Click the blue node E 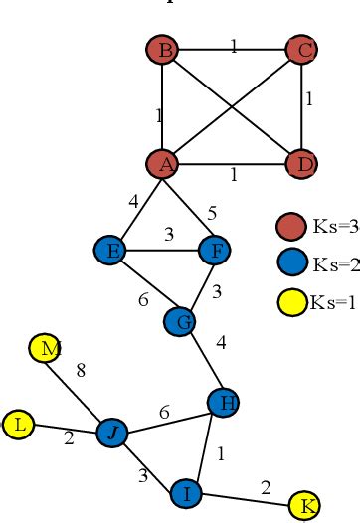click(110, 250)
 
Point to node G click(181, 320)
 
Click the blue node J click(112, 432)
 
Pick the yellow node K click(304, 505)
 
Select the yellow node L click(19, 426)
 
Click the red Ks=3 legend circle click(289, 227)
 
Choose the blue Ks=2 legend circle click(289, 264)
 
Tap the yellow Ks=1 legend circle click(289, 301)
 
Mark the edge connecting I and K click(245, 498)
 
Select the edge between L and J click(66, 429)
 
